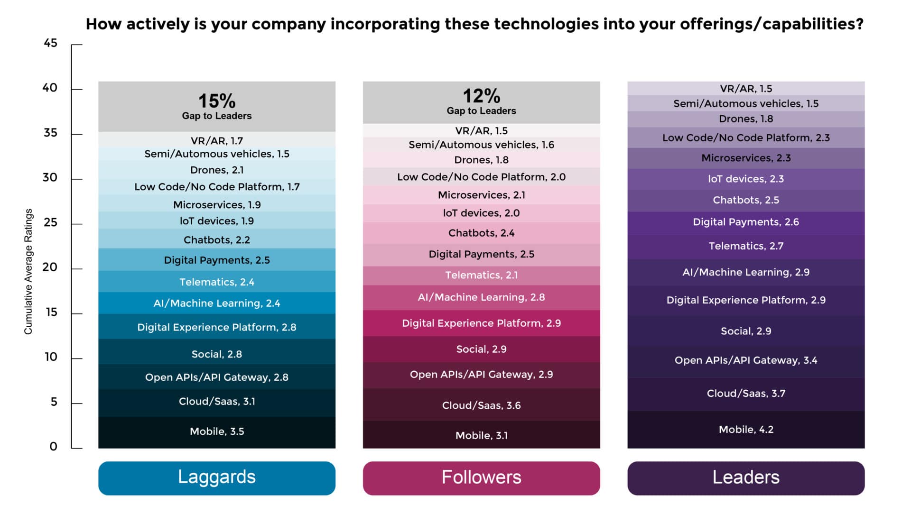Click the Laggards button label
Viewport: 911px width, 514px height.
coord(216,477)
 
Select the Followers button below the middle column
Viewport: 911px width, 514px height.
coord(481,477)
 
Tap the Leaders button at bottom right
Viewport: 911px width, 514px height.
coord(745,477)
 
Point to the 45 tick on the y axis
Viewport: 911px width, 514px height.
coord(51,43)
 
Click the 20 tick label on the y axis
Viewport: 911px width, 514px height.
coord(50,267)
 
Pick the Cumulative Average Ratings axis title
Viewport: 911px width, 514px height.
coord(28,272)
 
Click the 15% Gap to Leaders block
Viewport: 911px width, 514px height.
coord(216,106)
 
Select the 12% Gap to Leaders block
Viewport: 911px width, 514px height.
coord(481,102)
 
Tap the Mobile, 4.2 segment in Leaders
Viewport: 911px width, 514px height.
coord(745,430)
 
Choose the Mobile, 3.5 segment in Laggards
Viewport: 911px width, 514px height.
coord(216,431)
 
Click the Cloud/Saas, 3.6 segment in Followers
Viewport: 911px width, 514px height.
coord(481,405)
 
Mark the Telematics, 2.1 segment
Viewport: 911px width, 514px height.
coord(481,275)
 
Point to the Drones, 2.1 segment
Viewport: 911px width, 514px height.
coord(216,170)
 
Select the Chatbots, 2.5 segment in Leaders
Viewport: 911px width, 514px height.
coord(745,200)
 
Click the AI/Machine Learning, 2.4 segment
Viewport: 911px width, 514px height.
coord(216,303)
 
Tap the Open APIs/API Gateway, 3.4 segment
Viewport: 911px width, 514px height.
coord(745,360)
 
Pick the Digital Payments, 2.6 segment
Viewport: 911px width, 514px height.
coord(745,222)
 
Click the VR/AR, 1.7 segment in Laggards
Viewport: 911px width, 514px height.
coord(216,140)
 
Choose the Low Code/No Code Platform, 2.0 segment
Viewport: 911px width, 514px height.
coord(481,177)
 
